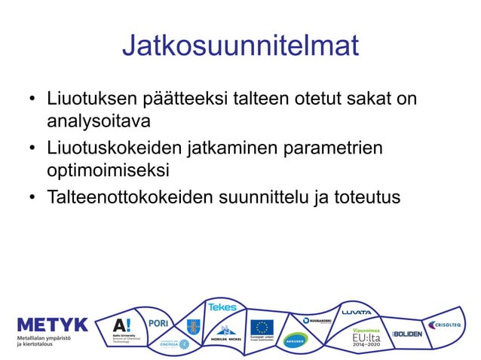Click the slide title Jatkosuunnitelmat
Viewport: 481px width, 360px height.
click(240, 46)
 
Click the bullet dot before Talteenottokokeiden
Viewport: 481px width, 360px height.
click(32, 198)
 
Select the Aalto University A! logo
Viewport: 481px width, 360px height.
click(121, 325)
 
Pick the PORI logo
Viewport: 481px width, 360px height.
click(158, 322)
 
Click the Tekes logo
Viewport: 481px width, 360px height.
click(222, 307)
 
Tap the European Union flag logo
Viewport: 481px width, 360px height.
click(262, 328)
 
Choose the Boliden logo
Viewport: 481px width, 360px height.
click(408, 334)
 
